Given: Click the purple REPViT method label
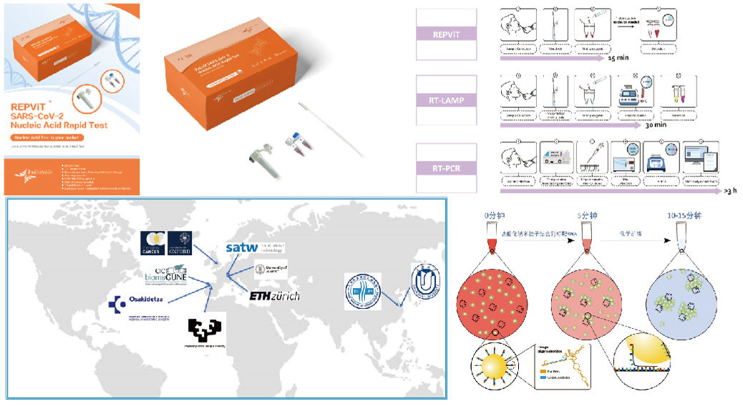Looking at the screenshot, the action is coord(446,33).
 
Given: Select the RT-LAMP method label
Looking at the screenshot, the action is coord(446,101).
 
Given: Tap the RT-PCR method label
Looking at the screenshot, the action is coord(446,169).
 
